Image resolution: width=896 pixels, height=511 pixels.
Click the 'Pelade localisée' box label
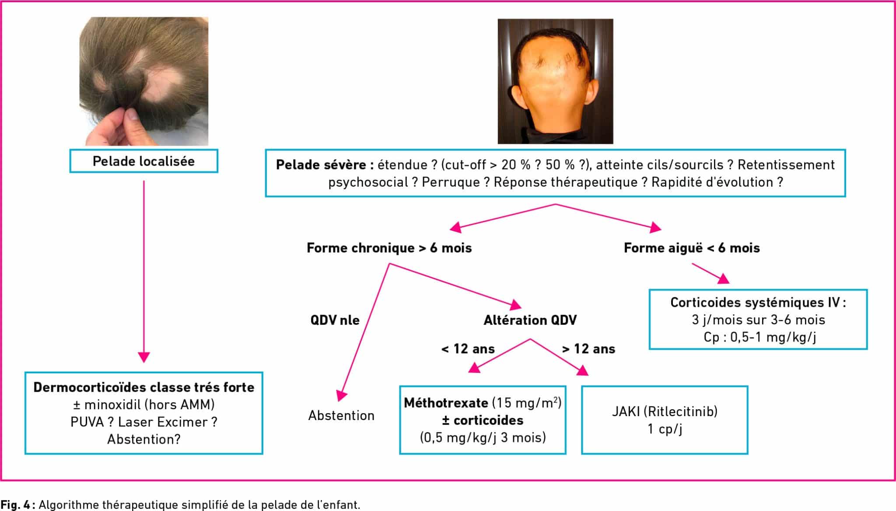point(143,161)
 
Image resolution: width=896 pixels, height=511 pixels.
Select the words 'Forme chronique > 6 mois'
point(389,248)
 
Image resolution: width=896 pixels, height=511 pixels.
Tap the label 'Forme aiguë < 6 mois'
point(692,248)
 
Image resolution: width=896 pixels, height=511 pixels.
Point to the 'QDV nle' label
point(335,320)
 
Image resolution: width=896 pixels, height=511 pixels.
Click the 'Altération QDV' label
point(530,320)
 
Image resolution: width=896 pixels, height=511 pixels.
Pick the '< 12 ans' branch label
point(468,349)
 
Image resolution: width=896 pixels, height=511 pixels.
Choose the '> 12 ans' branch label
point(588,349)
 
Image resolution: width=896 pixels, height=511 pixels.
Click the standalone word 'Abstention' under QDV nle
point(341,415)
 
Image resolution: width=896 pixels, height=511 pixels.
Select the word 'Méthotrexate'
point(446,403)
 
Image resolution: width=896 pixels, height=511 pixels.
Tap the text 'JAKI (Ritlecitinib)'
point(665,411)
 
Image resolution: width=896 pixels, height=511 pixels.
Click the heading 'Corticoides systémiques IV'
point(755,302)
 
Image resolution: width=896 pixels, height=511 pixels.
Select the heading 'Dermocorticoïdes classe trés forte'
point(143,387)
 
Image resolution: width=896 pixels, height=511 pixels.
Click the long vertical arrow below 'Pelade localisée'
point(143,271)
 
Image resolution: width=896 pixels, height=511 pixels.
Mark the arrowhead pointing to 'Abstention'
point(342,395)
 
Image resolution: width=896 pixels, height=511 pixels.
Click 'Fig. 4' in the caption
point(15,504)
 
